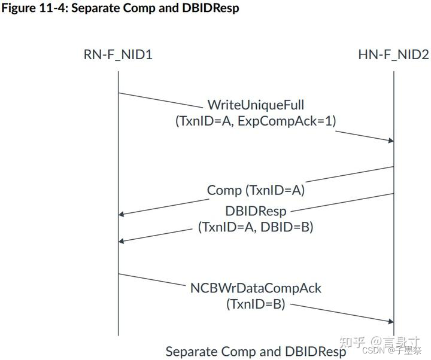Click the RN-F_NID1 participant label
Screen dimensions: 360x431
click(118, 55)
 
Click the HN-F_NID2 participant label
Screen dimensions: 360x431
click(393, 55)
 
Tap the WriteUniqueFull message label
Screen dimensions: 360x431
click(256, 106)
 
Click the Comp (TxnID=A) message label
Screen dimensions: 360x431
click(256, 190)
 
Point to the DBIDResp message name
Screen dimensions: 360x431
click(256, 211)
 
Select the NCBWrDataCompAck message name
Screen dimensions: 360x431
click(256, 288)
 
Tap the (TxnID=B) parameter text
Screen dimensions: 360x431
click(256, 304)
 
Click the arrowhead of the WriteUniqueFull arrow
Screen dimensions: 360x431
click(390, 141)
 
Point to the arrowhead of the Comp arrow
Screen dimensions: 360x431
click(122, 214)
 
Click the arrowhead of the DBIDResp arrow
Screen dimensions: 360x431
click(122, 241)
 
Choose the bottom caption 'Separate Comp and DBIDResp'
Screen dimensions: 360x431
click(256, 351)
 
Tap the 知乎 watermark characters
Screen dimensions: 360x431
click(353, 342)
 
